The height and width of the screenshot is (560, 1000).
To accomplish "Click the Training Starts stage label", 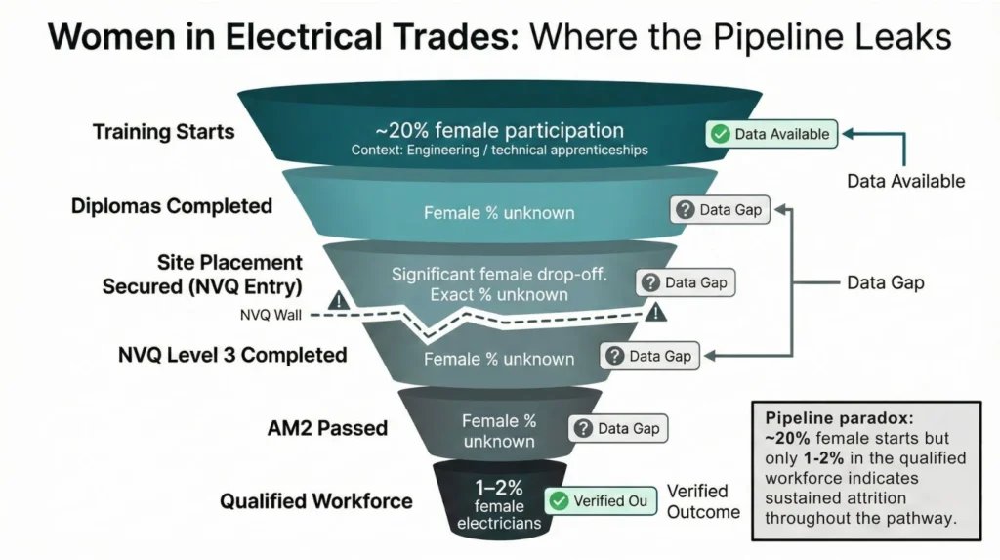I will [163, 132].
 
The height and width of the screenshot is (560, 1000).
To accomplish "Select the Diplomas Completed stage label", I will [171, 206].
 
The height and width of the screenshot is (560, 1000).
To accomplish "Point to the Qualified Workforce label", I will [315, 501].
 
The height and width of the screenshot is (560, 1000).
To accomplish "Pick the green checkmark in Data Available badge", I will [721, 134].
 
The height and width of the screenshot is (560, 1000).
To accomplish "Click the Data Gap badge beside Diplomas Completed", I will [720, 210].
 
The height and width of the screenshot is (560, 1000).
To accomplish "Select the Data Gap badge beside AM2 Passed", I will [620, 428].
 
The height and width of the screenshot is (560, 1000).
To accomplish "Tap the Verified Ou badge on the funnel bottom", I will [600, 501].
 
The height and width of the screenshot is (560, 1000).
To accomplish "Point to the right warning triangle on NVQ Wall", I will [655, 312].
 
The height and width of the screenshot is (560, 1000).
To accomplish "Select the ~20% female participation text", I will [499, 130].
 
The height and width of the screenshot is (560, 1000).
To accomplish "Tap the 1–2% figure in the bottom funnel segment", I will [498, 486].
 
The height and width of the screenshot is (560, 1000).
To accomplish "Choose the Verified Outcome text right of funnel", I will [703, 501].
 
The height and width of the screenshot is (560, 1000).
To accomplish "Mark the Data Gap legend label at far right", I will [884, 282].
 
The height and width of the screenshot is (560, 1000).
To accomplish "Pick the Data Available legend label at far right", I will [905, 181].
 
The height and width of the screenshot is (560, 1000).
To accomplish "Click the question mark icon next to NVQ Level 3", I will [614, 356].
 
